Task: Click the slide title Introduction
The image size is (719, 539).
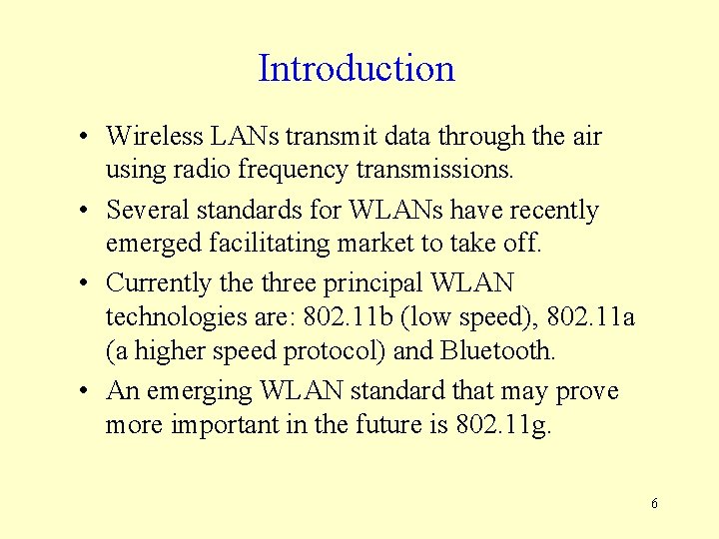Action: tap(357, 69)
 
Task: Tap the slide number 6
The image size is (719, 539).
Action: tap(654, 503)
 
